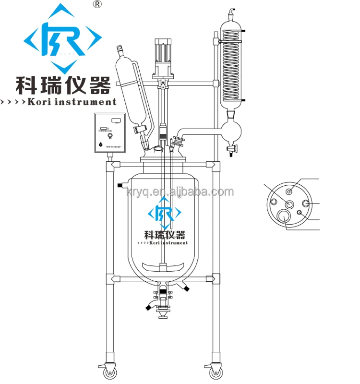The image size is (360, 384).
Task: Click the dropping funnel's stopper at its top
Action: pos(119,49)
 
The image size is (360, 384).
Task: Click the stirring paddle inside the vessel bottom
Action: pos(165,265)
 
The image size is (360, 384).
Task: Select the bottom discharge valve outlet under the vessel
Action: pos(163,314)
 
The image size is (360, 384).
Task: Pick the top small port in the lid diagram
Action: pos(289,191)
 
